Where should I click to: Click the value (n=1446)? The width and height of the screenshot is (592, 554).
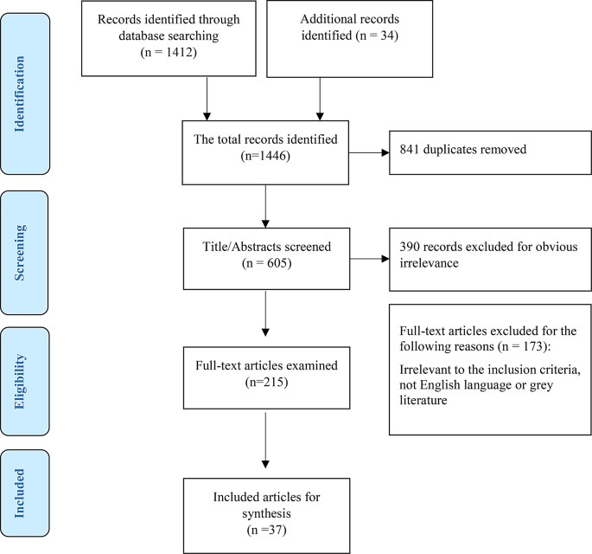pos(265,158)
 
